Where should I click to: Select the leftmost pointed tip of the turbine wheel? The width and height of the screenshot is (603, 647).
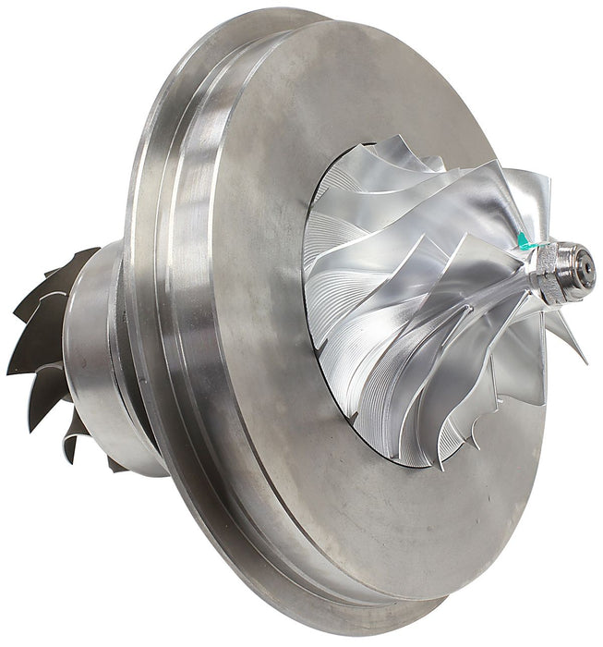pos(10,369)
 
